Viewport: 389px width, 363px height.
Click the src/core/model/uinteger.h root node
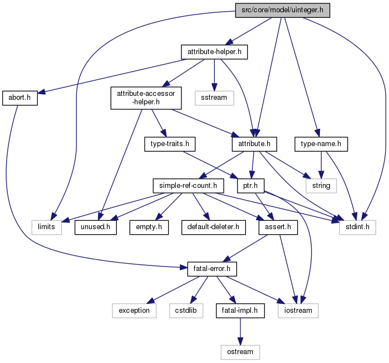[283, 10]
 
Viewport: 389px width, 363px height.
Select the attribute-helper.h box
[214, 52]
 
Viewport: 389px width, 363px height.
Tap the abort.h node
[20, 98]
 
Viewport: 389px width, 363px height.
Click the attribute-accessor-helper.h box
[146, 98]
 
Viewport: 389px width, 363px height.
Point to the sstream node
[214, 98]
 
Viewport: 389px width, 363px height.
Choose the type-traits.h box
[170, 144]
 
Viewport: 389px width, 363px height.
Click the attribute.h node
[254, 144]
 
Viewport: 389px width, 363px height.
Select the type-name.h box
[321, 144]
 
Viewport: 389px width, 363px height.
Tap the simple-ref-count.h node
[188, 186]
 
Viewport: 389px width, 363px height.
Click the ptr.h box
[250, 186]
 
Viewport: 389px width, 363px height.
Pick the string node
[321, 186]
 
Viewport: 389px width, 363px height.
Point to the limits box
[47, 228]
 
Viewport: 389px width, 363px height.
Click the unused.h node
[96, 228]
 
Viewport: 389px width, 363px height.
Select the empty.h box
[149, 228]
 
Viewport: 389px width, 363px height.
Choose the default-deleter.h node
[214, 228]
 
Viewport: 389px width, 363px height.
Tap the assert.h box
[278, 228]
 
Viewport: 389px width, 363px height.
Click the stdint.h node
[358, 228]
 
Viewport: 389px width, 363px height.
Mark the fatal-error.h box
[212, 269]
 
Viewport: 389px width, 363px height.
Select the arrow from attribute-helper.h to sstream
[214, 75]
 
